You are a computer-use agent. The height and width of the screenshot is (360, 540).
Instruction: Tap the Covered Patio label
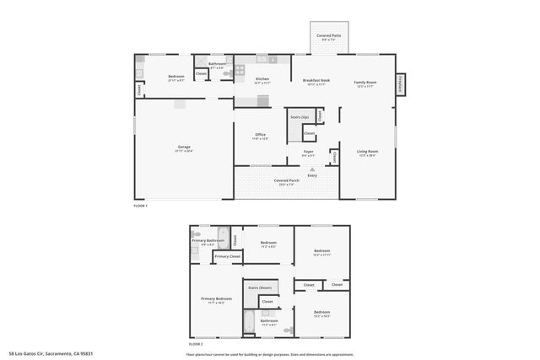(329, 36)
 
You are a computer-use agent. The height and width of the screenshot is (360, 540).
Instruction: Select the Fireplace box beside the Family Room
(400, 84)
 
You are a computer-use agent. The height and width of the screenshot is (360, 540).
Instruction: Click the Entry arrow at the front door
(312, 170)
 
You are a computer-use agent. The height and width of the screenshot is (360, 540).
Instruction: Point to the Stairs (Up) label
(299, 116)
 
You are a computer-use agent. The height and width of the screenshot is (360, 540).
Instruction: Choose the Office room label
(261, 135)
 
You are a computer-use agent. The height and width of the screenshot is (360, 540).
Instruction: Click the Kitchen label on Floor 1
(262, 79)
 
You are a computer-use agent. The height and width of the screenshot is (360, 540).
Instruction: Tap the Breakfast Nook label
(317, 81)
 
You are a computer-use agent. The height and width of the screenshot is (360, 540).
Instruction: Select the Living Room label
(367, 153)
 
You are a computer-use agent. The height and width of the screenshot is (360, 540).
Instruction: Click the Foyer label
(309, 153)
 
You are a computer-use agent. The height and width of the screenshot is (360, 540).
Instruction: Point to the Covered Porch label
(287, 180)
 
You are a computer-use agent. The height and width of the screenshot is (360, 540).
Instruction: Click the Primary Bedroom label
(216, 298)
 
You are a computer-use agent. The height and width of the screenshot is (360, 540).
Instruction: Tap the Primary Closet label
(227, 256)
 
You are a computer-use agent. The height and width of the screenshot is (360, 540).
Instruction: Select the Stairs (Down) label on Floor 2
(259, 287)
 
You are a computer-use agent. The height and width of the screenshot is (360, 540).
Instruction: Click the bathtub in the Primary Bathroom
(223, 237)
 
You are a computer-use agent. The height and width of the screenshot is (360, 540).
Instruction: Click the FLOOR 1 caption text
(141, 206)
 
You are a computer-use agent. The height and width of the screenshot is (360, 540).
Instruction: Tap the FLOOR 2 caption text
(196, 344)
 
